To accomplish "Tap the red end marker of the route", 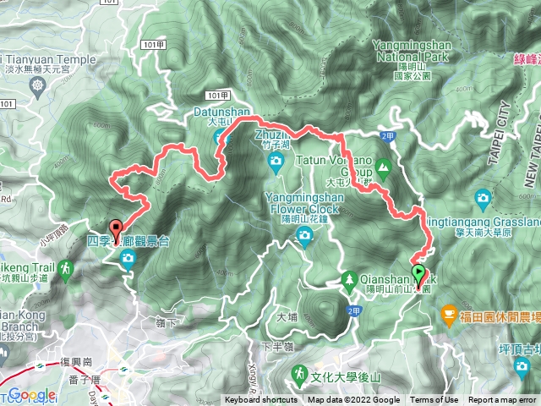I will (115, 227).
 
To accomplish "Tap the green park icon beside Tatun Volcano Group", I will (384, 167).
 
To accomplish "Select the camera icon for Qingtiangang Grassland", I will (483, 197).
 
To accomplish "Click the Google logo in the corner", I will (31, 394).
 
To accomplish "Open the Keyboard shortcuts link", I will (261, 400).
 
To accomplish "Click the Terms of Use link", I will (434, 400).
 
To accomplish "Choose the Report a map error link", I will (502, 400).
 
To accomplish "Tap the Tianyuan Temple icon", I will (37, 85).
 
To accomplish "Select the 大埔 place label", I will (287, 317).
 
